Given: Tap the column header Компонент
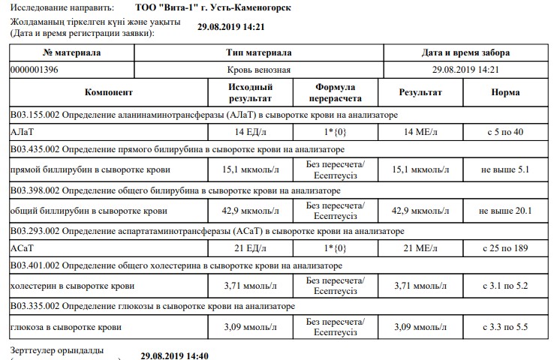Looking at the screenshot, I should [109, 93].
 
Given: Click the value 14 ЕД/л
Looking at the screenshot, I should [249, 132].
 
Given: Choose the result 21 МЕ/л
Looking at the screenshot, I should [420, 248].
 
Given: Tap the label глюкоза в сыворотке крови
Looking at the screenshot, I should [65, 327].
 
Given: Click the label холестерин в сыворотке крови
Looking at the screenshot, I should [72, 286].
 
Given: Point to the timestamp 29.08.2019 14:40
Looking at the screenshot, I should [174, 355].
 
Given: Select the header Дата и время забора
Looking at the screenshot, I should [466, 53].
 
